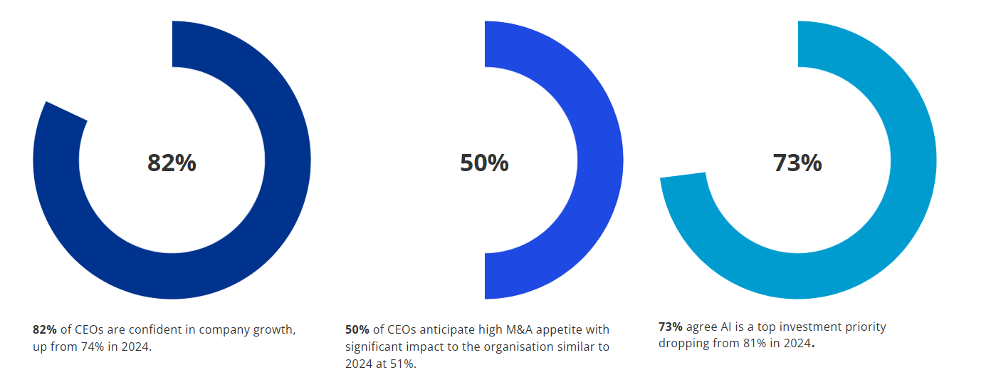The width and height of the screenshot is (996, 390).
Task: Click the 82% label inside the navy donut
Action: pos(172,163)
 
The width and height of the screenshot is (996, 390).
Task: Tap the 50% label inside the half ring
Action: pos(484,163)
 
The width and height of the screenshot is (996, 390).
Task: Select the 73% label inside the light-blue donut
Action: pos(797,163)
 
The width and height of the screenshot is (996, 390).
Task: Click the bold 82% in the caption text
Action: pos(45,329)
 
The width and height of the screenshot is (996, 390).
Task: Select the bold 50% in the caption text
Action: pos(357,329)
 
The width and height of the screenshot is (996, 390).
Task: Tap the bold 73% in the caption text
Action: pos(671,327)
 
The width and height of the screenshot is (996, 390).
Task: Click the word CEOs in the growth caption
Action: pos(90,329)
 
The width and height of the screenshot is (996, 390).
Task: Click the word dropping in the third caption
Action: pos(682,344)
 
